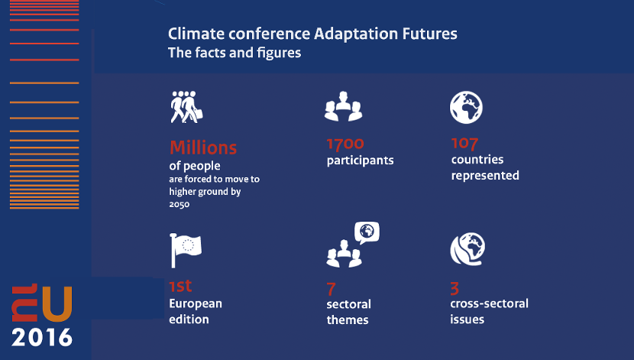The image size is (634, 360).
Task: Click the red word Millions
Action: [203, 148]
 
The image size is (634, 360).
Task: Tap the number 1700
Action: [345, 144]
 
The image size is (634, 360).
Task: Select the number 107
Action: [464, 144]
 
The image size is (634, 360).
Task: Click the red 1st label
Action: [180, 286]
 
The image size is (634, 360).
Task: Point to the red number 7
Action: [332, 289]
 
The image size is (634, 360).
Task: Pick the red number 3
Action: [454, 288]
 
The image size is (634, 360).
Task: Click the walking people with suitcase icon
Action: [186, 107]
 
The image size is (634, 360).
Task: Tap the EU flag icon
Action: [186, 250]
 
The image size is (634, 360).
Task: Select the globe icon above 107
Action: [466, 107]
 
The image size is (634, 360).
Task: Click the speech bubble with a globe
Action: [367, 232]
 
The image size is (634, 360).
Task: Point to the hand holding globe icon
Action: [467, 248]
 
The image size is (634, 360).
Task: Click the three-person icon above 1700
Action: [343, 106]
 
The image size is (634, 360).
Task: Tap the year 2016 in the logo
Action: [42, 337]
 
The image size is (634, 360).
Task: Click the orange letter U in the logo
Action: [57, 303]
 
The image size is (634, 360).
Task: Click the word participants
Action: [361, 161]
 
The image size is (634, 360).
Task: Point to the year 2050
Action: [179, 204]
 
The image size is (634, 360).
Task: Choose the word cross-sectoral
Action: [489, 303]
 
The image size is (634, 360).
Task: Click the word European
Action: [196, 303]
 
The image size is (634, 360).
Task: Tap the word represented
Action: [485, 176]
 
